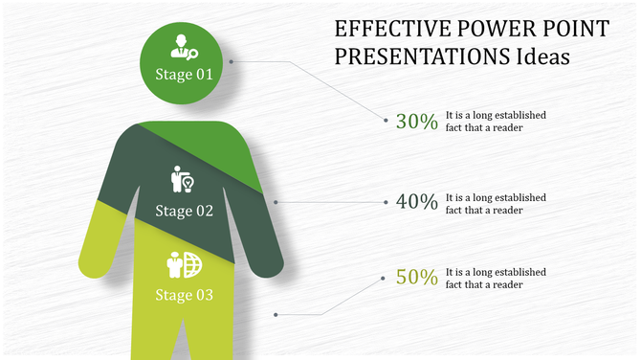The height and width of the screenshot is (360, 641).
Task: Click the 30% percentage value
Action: tap(417, 122)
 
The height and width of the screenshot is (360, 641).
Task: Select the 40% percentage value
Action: tap(417, 202)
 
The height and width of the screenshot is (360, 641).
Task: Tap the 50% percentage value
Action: tap(417, 278)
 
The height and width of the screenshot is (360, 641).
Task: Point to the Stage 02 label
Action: tap(184, 211)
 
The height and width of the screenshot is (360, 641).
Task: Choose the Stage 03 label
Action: tap(184, 294)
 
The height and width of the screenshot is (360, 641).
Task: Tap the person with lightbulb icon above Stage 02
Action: tap(183, 179)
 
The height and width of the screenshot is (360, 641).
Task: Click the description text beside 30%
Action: tap(496, 121)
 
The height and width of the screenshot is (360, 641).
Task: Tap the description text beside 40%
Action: tap(496, 203)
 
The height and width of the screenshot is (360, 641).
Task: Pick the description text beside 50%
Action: tap(496, 278)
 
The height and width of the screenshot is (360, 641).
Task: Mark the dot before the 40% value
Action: tap(387, 202)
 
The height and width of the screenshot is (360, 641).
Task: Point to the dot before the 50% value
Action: tap(387, 278)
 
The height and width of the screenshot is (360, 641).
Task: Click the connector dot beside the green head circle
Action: tap(232, 60)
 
